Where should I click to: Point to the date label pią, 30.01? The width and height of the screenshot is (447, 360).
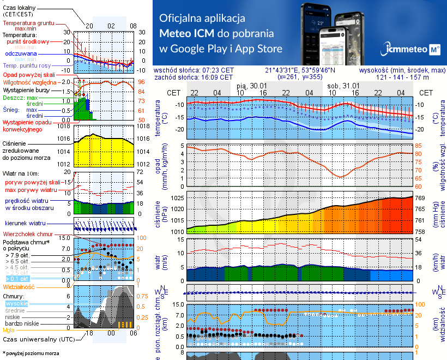[251, 86]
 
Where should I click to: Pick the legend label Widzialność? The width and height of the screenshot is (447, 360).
[19, 286]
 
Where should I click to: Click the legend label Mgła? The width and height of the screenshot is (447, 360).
[9, 330]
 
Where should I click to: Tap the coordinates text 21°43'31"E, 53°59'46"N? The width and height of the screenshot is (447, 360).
[300, 70]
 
